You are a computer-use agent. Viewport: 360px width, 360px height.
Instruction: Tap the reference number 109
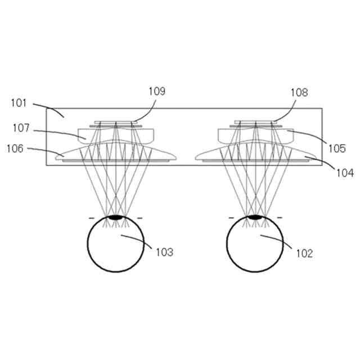157,91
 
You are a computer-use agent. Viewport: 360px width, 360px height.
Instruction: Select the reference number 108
299,92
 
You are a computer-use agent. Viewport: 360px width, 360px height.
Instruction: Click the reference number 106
16,148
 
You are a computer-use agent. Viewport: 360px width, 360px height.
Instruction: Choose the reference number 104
345,173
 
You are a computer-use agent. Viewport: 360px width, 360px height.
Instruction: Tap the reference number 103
164,253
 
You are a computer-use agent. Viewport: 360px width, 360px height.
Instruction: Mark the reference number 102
304,253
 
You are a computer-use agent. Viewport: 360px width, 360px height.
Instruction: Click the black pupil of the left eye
115,217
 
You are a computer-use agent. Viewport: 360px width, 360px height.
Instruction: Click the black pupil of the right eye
255,217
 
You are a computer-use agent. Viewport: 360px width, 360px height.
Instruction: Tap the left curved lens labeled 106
79,153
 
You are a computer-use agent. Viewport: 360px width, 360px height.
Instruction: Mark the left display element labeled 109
115,121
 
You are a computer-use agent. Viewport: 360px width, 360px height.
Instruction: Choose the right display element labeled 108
255,121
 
